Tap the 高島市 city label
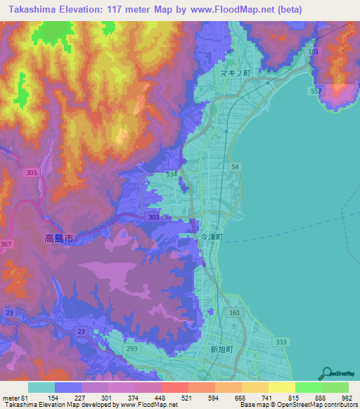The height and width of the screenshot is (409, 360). pos(59,239)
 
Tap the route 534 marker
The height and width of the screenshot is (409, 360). pos(171,172)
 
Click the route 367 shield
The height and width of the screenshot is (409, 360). pos(6,244)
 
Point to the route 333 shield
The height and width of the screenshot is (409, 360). pos(281,342)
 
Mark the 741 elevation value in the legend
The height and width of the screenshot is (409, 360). pos(266,398)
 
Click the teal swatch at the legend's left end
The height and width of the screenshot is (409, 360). pos(41,387)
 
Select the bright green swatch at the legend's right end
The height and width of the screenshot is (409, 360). pos(335,387)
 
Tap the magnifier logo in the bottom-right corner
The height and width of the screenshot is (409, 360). pos(326,374)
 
